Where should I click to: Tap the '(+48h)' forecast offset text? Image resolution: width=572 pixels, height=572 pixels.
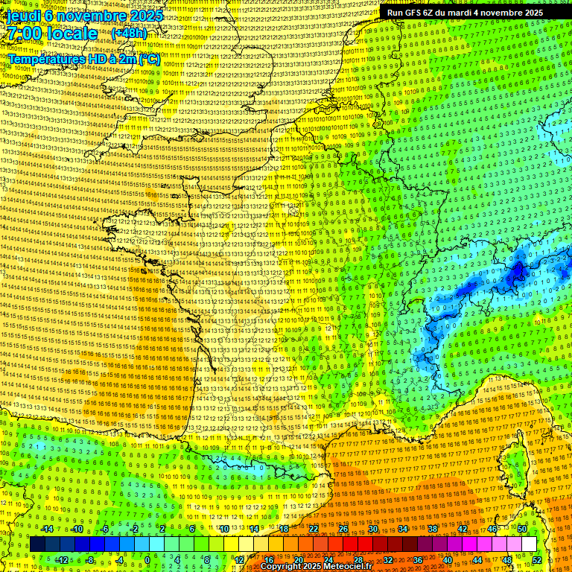click(x=129, y=34)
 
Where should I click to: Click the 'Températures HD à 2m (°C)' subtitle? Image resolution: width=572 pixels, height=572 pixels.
click(x=83, y=59)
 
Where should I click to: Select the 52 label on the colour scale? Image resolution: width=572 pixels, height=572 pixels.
click(x=536, y=559)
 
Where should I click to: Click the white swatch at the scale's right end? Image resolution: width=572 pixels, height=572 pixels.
click(x=529, y=544)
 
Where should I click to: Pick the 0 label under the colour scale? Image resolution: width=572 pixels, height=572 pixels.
click(x=147, y=559)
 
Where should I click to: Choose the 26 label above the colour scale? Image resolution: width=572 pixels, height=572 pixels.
click(x=343, y=529)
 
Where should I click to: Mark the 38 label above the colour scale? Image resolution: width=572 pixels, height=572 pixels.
click(x=433, y=529)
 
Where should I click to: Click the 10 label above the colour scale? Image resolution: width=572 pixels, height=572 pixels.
click(x=223, y=529)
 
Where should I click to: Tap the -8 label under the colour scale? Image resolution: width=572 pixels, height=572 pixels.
click(x=90, y=559)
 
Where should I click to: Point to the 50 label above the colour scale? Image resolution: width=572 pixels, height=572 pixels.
click(x=522, y=529)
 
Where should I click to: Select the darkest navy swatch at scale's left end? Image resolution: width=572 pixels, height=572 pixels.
click(x=37, y=544)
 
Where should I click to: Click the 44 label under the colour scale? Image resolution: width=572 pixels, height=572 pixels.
click(x=477, y=559)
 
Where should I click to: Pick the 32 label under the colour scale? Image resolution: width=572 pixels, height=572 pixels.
click(x=387, y=559)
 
